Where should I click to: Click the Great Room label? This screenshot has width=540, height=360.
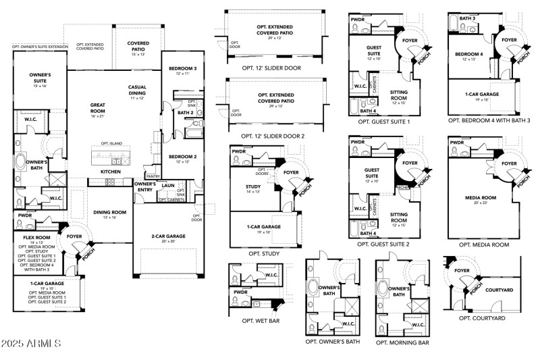point(97,109)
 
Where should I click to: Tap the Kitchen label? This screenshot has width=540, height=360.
point(111,172)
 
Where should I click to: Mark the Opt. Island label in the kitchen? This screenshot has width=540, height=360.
point(110,144)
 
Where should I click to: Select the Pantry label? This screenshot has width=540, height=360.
point(153,176)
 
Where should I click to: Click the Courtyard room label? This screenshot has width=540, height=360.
point(500,290)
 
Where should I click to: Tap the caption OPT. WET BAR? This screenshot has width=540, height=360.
point(260,321)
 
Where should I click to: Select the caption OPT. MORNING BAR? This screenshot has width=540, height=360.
point(402,342)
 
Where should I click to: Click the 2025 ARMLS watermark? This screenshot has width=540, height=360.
point(32,344)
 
